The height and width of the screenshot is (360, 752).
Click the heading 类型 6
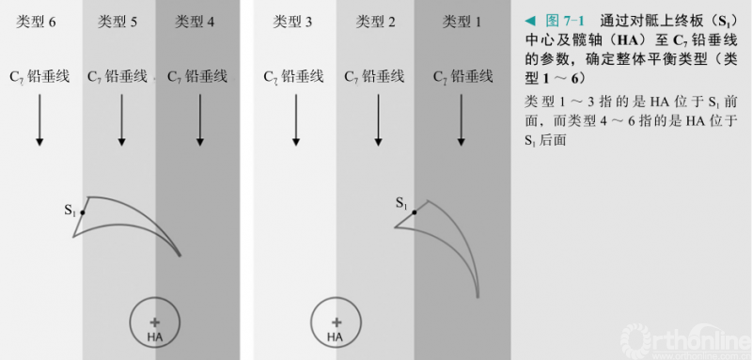[x=37, y=21]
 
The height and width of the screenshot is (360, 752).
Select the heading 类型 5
[x=117, y=21]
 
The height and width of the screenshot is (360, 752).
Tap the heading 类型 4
[x=196, y=21]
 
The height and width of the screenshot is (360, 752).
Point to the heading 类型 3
[x=293, y=21]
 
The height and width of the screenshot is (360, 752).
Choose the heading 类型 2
[x=374, y=21]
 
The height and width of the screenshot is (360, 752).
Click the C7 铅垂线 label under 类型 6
[x=39, y=77]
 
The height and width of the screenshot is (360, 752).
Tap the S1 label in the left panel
[x=70, y=211]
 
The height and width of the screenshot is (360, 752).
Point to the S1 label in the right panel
[x=401, y=203]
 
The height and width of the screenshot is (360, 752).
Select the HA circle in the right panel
[x=335, y=322]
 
